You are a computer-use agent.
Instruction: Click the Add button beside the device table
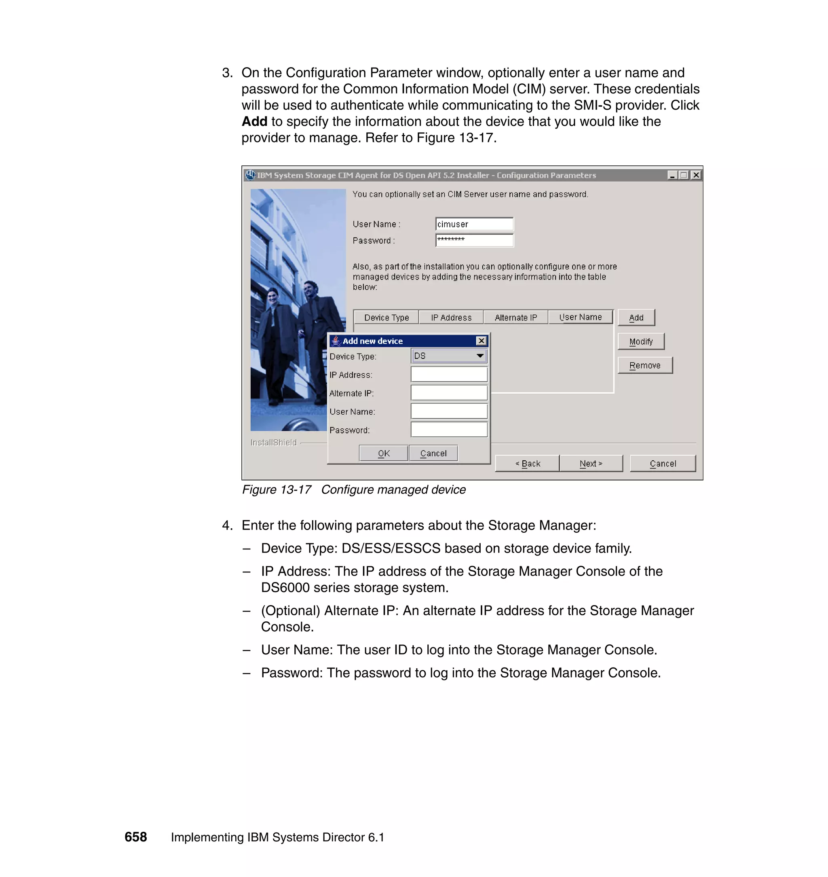pyautogui.click(x=636, y=318)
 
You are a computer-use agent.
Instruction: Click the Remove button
pyautogui.click(x=644, y=365)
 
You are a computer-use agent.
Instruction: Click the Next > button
pyautogui.click(x=591, y=463)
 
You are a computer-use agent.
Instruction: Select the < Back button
pyautogui.click(x=528, y=463)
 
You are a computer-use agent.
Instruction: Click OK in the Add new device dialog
pyautogui.click(x=384, y=453)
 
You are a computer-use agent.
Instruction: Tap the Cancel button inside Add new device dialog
pyautogui.click(x=433, y=453)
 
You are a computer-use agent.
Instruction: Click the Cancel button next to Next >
pyautogui.click(x=663, y=463)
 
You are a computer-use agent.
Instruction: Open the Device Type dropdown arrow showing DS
pyautogui.click(x=480, y=356)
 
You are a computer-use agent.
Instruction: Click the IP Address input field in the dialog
pyautogui.click(x=449, y=375)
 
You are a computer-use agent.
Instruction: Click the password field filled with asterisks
pyautogui.click(x=474, y=240)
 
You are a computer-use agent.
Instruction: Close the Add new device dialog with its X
pyautogui.click(x=481, y=341)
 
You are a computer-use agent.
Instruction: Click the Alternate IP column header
pyautogui.click(x=515, y=318)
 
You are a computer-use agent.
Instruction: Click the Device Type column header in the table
pyautogui.click(x=386, y=318)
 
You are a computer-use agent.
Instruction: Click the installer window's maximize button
pyautogui.click(x=684, y=175)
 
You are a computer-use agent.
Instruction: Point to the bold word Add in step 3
pyautogui.click(x=254, y=121)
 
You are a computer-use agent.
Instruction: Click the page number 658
pyautogui.click(x=135, y=837)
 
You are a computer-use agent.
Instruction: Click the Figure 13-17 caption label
pyautogui.click(x=277, y=490)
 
